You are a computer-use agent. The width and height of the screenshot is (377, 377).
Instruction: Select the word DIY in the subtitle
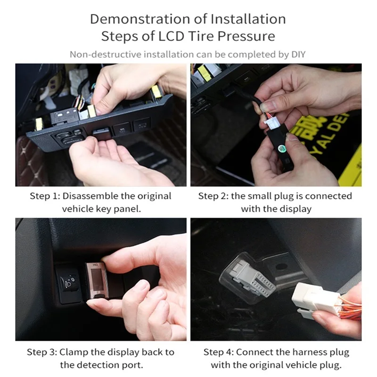click(x=298, y=54)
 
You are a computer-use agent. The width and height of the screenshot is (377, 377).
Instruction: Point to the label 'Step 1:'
click(x=46, y=196)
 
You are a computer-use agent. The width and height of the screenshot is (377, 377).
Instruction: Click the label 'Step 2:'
click(x=213, y=196)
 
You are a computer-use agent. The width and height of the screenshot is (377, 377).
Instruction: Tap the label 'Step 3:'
click(x=42, y=352)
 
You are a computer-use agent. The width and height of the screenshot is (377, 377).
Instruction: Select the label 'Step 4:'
click(x=219, y=352)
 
